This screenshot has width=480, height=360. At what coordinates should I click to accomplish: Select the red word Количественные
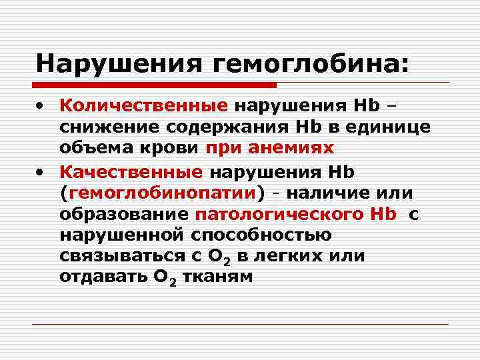pyautogui.click(x=144, y=105)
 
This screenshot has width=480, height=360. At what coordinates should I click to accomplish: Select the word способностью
pyautogui.click(x=269, y=236)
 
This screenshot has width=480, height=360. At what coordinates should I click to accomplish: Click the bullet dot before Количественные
pyautogui.click(x=42, y=105)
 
